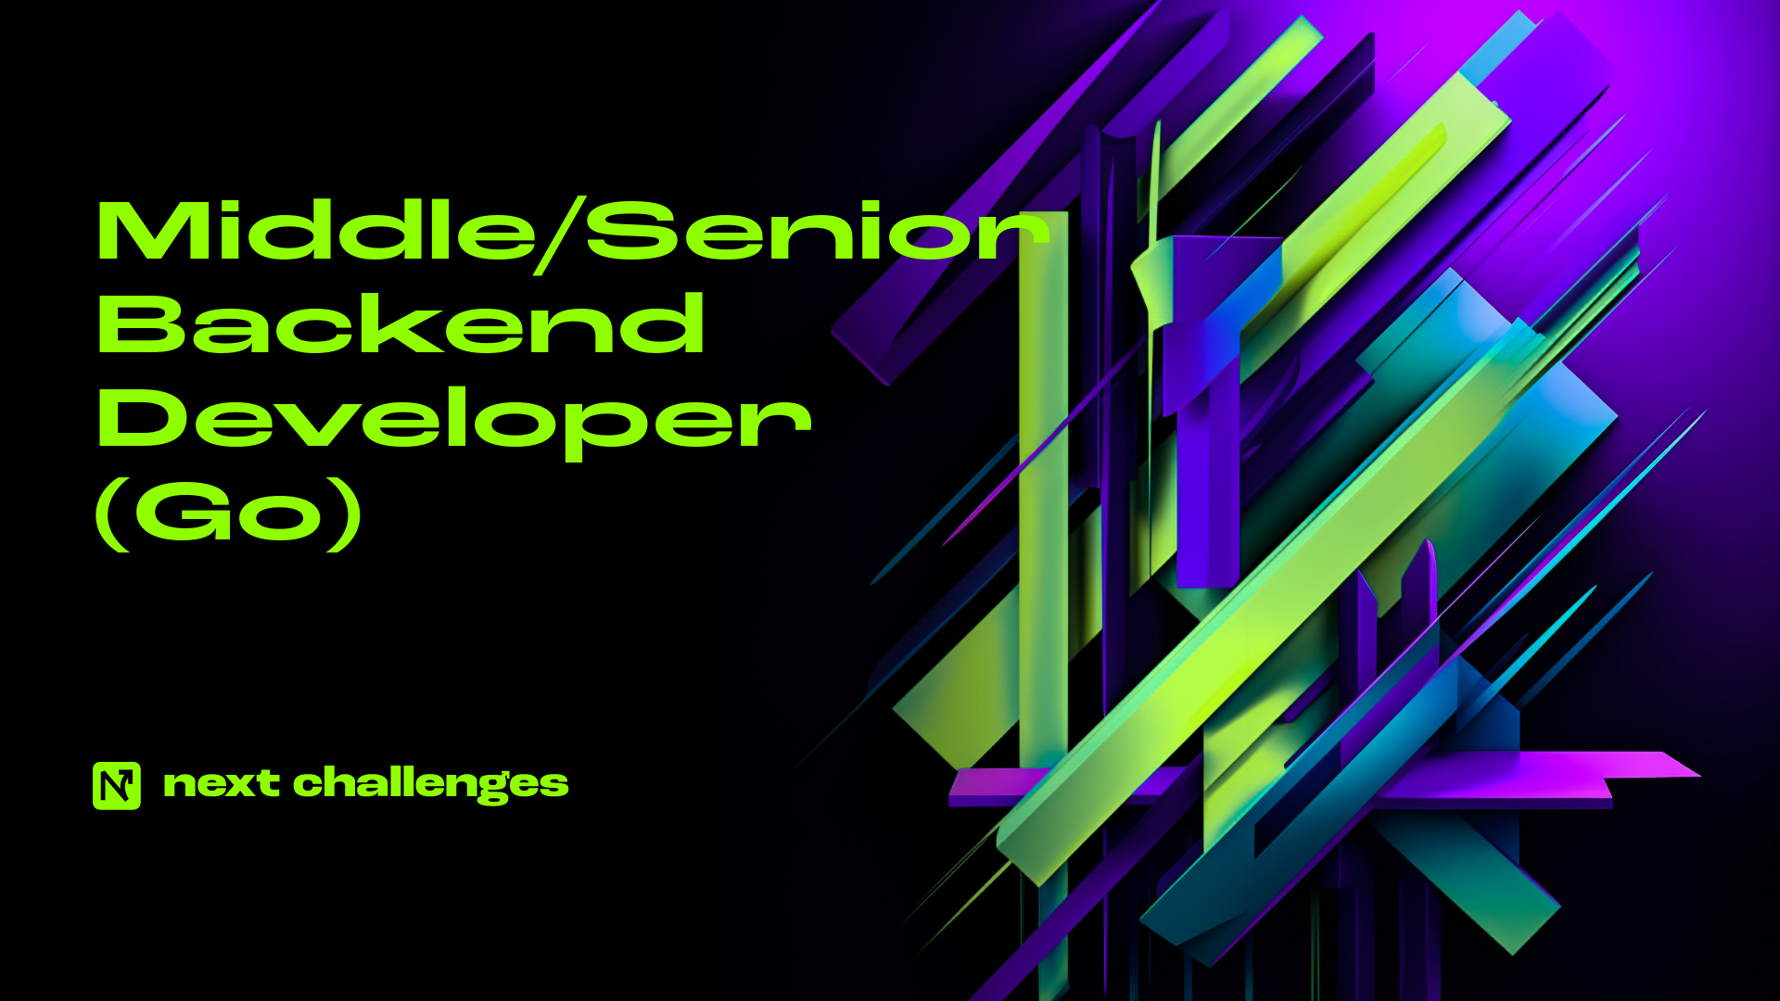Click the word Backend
point(400,323)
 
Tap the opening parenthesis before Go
point(113,514)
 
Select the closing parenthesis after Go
point(344,514)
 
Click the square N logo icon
point(117,786)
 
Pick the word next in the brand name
point(221,784)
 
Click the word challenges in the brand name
point(431,784)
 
